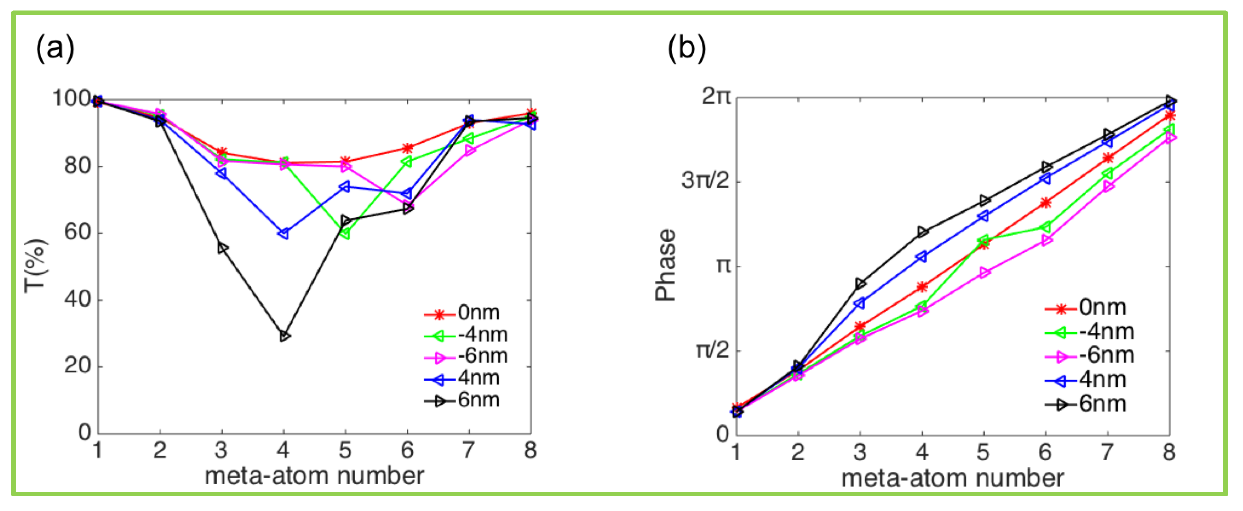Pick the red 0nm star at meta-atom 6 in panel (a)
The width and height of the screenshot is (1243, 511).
(407, 148)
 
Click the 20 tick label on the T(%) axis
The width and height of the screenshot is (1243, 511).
(78, 366)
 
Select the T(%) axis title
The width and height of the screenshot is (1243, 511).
(36, 266)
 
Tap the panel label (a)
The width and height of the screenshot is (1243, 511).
(55, 48)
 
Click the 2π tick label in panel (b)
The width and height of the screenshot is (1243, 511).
(716, 97)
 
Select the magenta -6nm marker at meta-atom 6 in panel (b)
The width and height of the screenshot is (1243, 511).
(1046, 240)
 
